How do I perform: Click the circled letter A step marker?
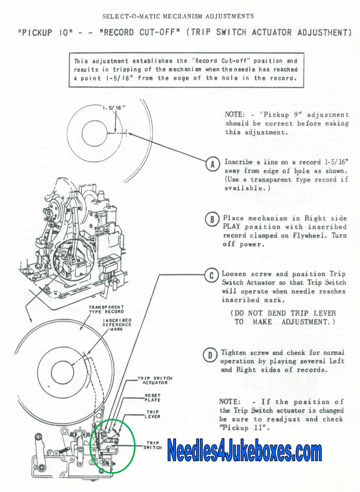point(212,164)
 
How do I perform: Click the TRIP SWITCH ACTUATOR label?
point(155,380)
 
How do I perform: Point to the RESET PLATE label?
point(152,397)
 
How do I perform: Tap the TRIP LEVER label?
point(153,414)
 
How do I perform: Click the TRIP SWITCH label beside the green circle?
point(152,445)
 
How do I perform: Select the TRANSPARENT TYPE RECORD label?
point(106,309)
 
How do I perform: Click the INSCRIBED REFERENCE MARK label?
point(117,325)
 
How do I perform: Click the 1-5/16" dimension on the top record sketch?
point(114,108)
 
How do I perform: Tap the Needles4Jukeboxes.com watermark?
point(244,450)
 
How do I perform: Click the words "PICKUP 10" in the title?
point(45,33)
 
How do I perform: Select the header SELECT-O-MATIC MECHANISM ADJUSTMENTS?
point(178,17)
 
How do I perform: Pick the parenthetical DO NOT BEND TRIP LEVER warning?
point(283,317)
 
